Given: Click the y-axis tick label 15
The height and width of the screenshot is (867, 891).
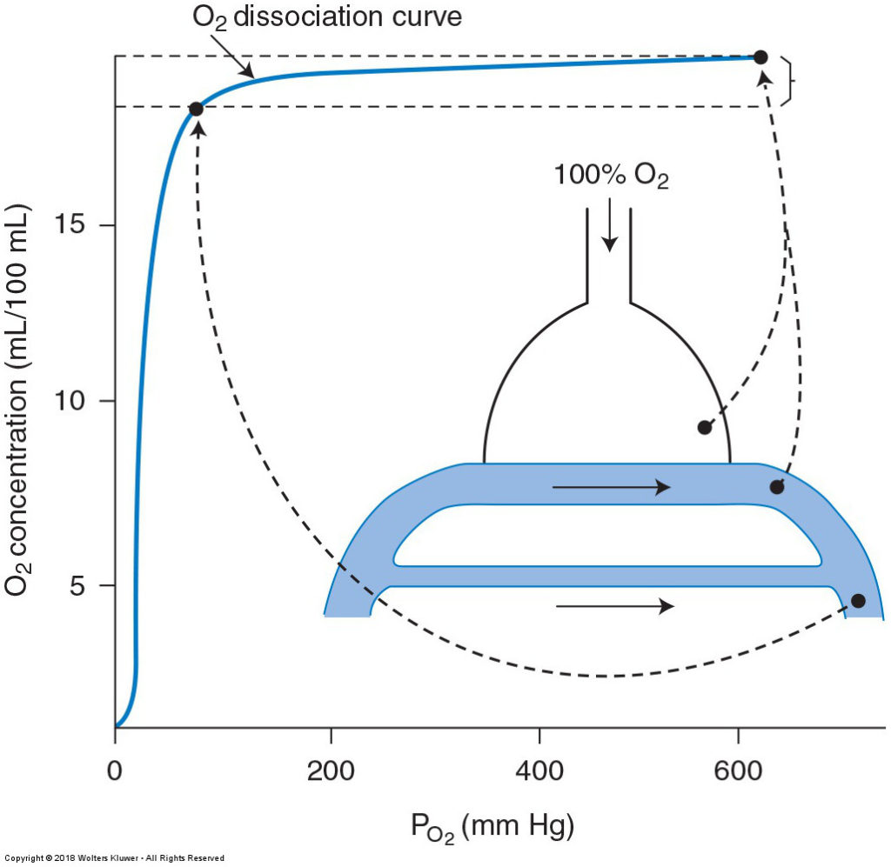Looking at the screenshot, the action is (69, 225).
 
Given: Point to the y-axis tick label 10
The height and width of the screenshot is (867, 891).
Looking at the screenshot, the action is (69, 401).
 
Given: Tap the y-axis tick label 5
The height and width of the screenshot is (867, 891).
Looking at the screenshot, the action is (77, 585).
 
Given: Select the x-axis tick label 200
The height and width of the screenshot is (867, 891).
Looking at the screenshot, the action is (331, 771).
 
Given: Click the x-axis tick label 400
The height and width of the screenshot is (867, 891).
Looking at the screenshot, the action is (539, 771).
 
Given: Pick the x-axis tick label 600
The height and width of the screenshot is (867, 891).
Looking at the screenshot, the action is (738, 771).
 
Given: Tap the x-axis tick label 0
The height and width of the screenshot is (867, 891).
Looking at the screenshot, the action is (115, 771).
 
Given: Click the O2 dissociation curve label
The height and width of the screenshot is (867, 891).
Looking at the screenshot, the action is (327, 17).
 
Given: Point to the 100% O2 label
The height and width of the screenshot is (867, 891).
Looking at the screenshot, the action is (611, 176).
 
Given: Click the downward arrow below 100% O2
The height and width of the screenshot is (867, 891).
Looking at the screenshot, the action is (610, 224).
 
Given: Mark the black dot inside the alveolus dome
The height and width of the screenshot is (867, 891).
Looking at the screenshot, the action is (705, 428).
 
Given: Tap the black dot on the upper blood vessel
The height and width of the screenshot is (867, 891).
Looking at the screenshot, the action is (777, 487).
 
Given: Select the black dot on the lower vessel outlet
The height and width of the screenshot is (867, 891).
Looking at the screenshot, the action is (858, 601).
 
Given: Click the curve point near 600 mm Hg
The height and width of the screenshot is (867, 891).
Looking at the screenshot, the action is (760, 57).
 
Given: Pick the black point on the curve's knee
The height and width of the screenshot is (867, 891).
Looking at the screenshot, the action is (196, 109).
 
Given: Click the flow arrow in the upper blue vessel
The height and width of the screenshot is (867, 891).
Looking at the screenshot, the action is (612, 487).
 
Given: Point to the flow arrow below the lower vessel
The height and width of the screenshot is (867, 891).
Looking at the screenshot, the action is (615, 606).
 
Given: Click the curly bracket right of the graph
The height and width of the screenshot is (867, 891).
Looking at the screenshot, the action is (787, 81).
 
